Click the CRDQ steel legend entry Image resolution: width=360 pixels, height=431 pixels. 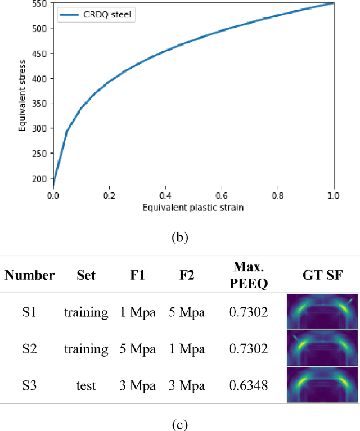tap(95, 14)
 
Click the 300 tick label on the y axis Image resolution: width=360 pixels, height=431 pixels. tap(44, 130)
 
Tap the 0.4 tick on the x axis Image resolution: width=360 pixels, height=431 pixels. tap(165, 195)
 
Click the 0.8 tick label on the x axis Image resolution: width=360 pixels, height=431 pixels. tap(278, 195)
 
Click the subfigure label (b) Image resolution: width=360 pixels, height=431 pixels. tap(180, 237)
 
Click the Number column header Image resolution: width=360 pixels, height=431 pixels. tap(30, 275)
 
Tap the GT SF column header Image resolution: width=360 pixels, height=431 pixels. tap(322, 275)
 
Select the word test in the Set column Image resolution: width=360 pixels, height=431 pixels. tap(86, 386)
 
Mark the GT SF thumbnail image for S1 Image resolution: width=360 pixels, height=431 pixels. tap(322, 311)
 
